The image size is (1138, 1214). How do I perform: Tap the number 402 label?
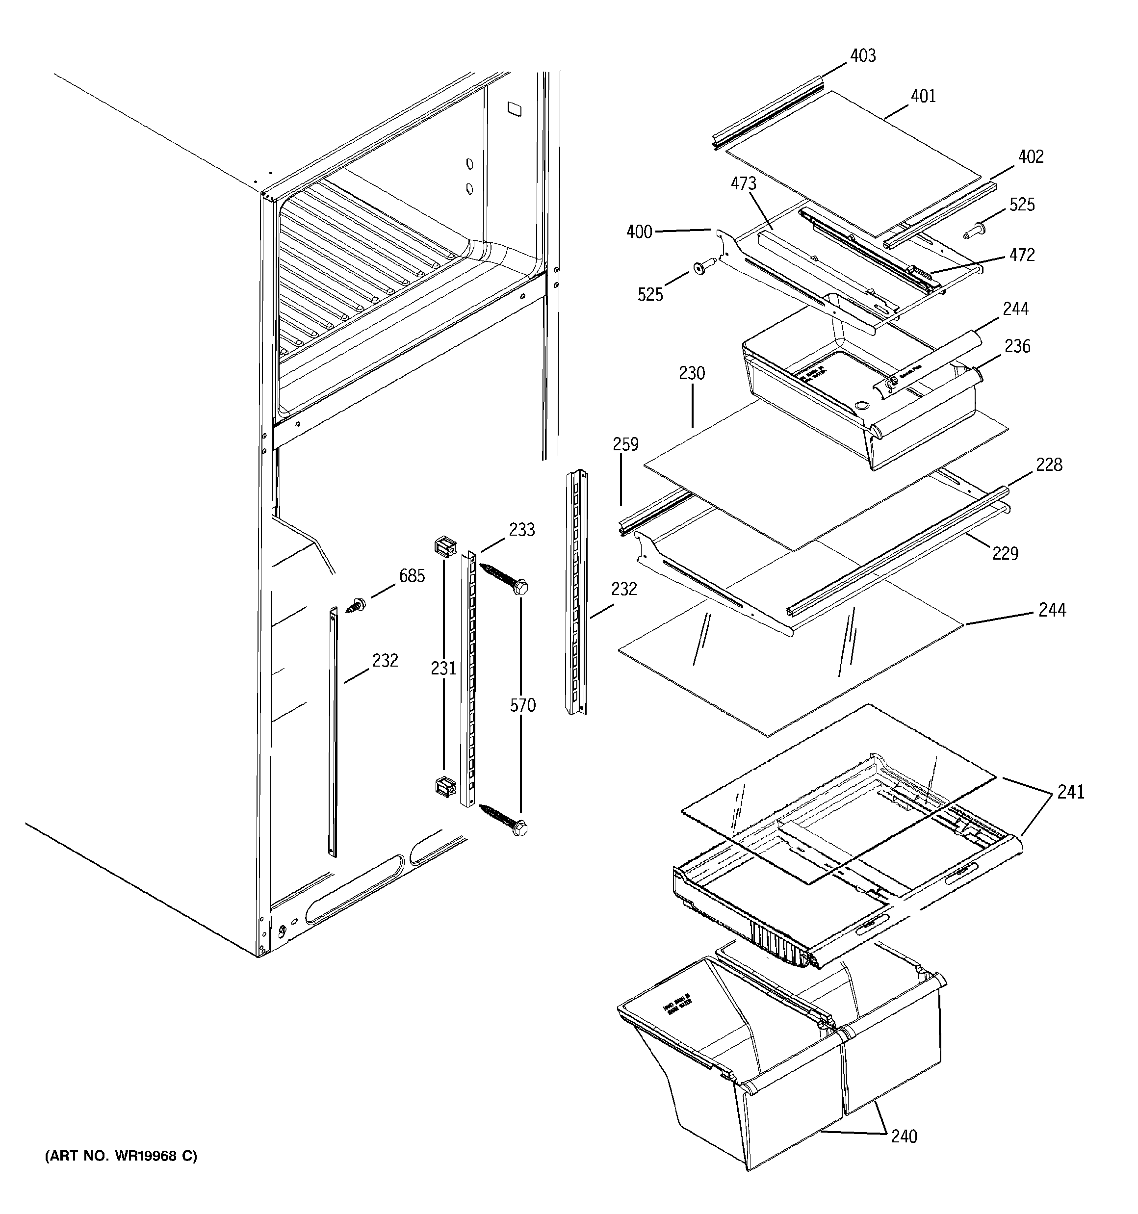pyautogui.click(x=1031, y=156)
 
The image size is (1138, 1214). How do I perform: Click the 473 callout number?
pyautogui.click(x=744, y=183)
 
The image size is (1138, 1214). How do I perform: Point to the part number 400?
pyautogui.click(x=639, y=232)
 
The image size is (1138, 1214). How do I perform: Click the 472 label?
pyautogui.click(x=1022, y=255)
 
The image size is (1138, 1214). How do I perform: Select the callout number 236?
pyautogui.click(x=1017, y=346)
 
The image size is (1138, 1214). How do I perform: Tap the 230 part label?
pyautogui.click(x=692, y=373)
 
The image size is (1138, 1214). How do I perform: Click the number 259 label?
pyautogui.click(x=626, y=444)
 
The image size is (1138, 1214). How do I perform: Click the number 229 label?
pyautogui.click(x=1005, y=553)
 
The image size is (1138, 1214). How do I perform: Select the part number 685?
pyautogui.click(x=412, y=576)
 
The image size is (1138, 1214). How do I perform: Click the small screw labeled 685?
pyautogui.click(x=355, y=606)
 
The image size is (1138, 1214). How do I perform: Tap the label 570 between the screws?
pyautogui.click(x=522, y=705)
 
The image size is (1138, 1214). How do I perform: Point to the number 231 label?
pyautogui.click(x=443, y=669)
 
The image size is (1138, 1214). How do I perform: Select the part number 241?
pyautogui.click(x=1071, y=792)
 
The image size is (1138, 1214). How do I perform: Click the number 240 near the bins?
pyautogui.click(x=904, y=1137)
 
